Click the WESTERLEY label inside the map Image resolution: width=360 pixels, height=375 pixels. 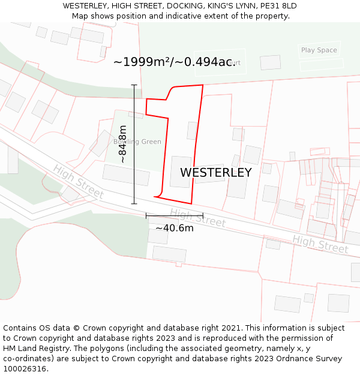point(216,173)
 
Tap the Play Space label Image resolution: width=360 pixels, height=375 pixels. point(319,50)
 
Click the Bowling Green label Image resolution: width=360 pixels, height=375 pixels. point(137,142)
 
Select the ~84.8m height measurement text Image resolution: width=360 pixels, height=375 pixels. point(122,144)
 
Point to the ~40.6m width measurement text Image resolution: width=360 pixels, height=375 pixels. point(175,228)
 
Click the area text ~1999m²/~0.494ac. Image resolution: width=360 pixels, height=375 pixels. point(174,62)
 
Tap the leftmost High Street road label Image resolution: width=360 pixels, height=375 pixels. point(78,182)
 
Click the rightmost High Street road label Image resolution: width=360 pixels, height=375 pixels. point(320,244)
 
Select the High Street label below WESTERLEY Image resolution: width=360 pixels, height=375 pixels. point(197,217)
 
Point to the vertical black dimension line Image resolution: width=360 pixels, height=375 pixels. point(134,144)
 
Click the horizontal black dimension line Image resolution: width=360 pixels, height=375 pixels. point(174,215)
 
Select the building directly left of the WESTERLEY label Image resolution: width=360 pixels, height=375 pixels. point(180,172)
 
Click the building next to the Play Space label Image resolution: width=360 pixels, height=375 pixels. point(270,62)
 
